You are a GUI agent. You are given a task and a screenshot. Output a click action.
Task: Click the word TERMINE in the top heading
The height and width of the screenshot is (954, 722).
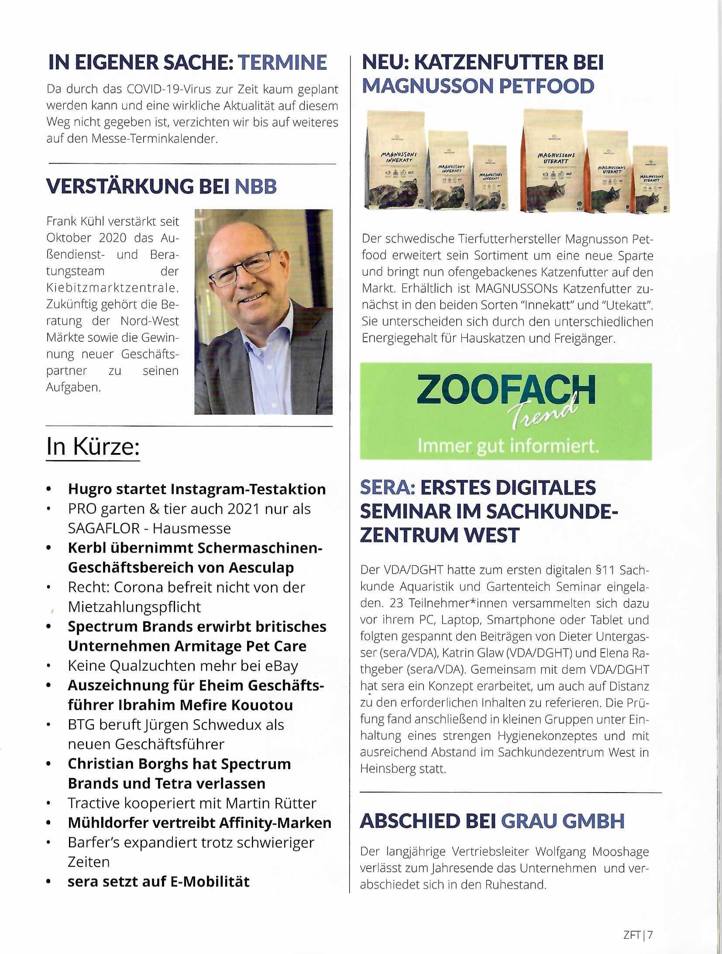[x=282, y=62]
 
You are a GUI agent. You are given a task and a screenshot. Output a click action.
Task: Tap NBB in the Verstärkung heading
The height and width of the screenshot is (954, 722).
[x=256, y=187]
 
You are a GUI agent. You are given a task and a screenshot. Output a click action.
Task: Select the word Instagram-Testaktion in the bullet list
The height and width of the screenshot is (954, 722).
[x=248, y=489]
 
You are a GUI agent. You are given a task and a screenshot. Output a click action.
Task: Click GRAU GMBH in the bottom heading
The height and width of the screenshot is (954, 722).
[x=562, y=821]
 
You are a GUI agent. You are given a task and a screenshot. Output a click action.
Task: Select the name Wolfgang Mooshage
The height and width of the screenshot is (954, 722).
[x=592, y=851]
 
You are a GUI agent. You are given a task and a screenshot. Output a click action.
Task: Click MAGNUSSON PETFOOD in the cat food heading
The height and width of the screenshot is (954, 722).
[x=478, y=86]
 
